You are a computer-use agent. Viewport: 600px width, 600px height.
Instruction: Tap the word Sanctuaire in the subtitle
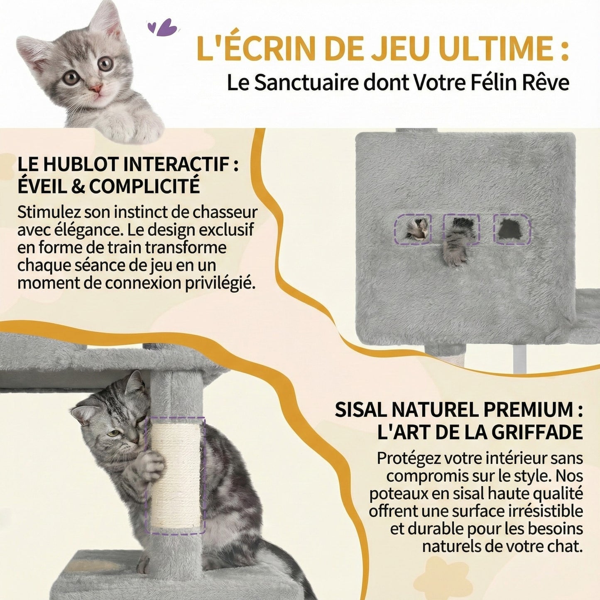click(x=306, y=83)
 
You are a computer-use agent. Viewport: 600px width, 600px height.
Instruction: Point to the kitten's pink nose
click(x=96, y=88)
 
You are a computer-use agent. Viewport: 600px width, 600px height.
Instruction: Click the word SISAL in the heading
click(x=360, y=410)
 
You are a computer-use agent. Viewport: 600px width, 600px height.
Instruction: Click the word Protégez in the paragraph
click(x=409, y=458)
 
